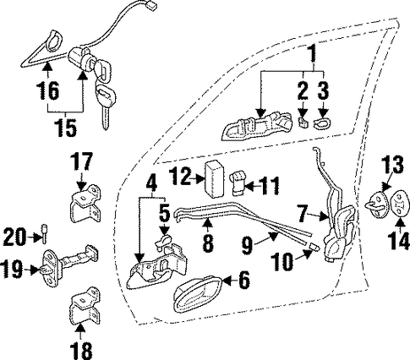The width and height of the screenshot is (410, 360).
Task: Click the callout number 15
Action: coord(66,128)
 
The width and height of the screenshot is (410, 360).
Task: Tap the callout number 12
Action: coord(182,177)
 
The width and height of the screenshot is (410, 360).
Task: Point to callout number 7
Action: coord(303,214)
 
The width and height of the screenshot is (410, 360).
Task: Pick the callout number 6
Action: coord(244,280)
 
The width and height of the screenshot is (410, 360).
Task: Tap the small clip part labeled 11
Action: coord(238,183)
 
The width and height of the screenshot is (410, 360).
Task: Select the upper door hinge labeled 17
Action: coord(85,203)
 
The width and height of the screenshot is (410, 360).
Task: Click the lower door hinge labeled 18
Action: coord(85,306)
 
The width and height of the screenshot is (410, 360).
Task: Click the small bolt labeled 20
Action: coord(44,233)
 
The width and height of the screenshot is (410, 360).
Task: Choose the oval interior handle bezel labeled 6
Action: coord(197,295)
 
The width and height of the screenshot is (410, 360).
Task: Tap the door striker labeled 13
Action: coord(377,205)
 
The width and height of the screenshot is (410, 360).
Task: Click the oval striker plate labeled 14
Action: coord(399,204)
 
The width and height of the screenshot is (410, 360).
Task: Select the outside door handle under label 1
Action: coord(256,126)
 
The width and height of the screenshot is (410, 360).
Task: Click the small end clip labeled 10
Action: coord(314,248)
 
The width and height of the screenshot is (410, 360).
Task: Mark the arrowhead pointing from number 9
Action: coord(272,237)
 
